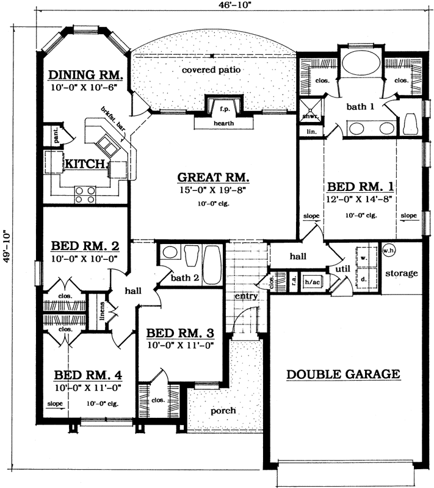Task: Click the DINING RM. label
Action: coord(86,76)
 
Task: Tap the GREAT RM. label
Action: coord(213,178)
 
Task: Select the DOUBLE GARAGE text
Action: coord(343,374)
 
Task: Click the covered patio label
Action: coord(211,70)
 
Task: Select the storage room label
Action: coord(402,273)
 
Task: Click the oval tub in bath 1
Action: coord(358,63)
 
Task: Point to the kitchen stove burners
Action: coord(85,194)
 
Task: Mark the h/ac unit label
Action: coord(313,282)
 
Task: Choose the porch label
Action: coord(223,411)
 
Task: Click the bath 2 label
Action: coord(185,278)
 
